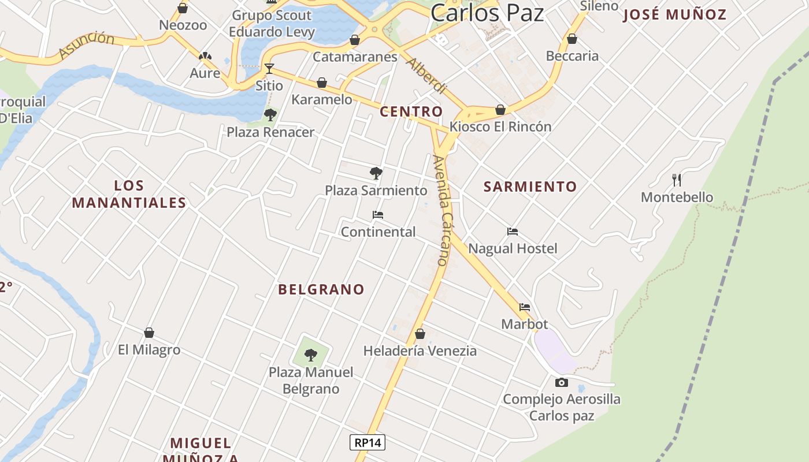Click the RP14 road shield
pyautogui.click(x=368, y=442)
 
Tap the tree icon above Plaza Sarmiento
pyautogui.click(x=376, y=173)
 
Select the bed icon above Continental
pyautogui.click(x=378, y=215)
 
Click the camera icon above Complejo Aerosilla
pyautogui.click(x=561, y=382)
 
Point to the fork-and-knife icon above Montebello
pyautogui.click(x=677, y=180)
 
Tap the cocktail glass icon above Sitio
pyautogui.click(x=269, y=69)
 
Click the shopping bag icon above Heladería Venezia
pyautogui.click(x=420, y=334)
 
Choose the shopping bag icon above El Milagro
pyautogui.click(x=149, y=333)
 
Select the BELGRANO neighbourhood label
pyautogui.click(x=321, y=289)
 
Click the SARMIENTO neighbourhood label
pyautogui.click(x=530, y=187)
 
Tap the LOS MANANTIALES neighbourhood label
pyautogui.click(x=129, y=194)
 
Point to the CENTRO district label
pyautogui.click(x=411, y=111)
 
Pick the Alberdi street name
pyautogui.click(x=427, y=76)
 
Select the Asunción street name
pyautogui.click(x=87, y=46)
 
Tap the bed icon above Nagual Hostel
pyautogui.click(x=513, y=232)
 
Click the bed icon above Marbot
pyautogui.click(x=525, y=307)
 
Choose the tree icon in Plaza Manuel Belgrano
pyautogui.click(x=311, y=355)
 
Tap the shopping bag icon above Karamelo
pyautogui.click(x=322, y=83)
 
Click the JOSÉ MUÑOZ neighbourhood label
pyautogui.click(x=674, y=14)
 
